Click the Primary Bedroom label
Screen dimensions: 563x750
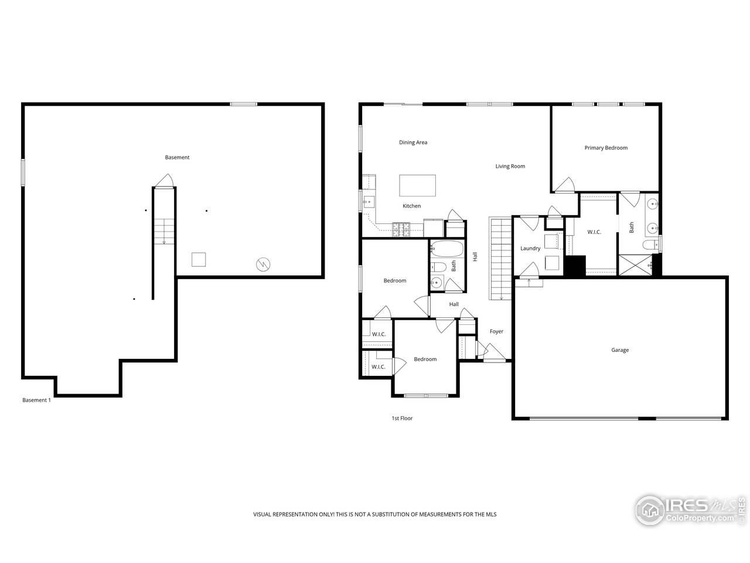[x=606, y=148]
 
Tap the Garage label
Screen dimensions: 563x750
[x=620, y=350]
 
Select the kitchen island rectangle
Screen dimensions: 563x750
[x=418, y=185]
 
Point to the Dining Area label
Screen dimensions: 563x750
[x=413, y=143]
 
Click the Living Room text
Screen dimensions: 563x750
[x=510, y=166]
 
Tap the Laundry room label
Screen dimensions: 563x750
[x=530, y=249]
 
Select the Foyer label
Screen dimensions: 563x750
[x=496, y=332]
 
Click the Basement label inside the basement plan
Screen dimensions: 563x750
[x=177, y=157]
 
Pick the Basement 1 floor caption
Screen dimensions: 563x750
[x=36, y=400]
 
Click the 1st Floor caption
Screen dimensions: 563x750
[x=402, y=418]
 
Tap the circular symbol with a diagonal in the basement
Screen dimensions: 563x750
[x=262, y=264]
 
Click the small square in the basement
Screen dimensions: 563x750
[x=199, y=259]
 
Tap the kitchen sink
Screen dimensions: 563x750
[x=367, y=204]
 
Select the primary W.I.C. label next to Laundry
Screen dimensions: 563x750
[x=594, y=232]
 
